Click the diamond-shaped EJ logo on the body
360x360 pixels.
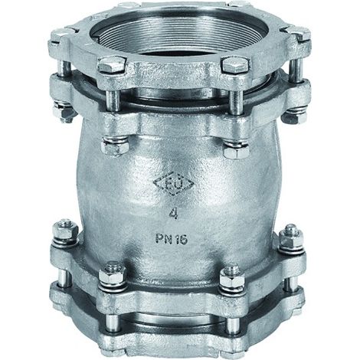173,185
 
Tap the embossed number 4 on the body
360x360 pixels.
174,213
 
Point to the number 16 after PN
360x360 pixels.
182,240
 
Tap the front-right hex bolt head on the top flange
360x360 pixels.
235,64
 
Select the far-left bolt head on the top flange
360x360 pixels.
58,38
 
